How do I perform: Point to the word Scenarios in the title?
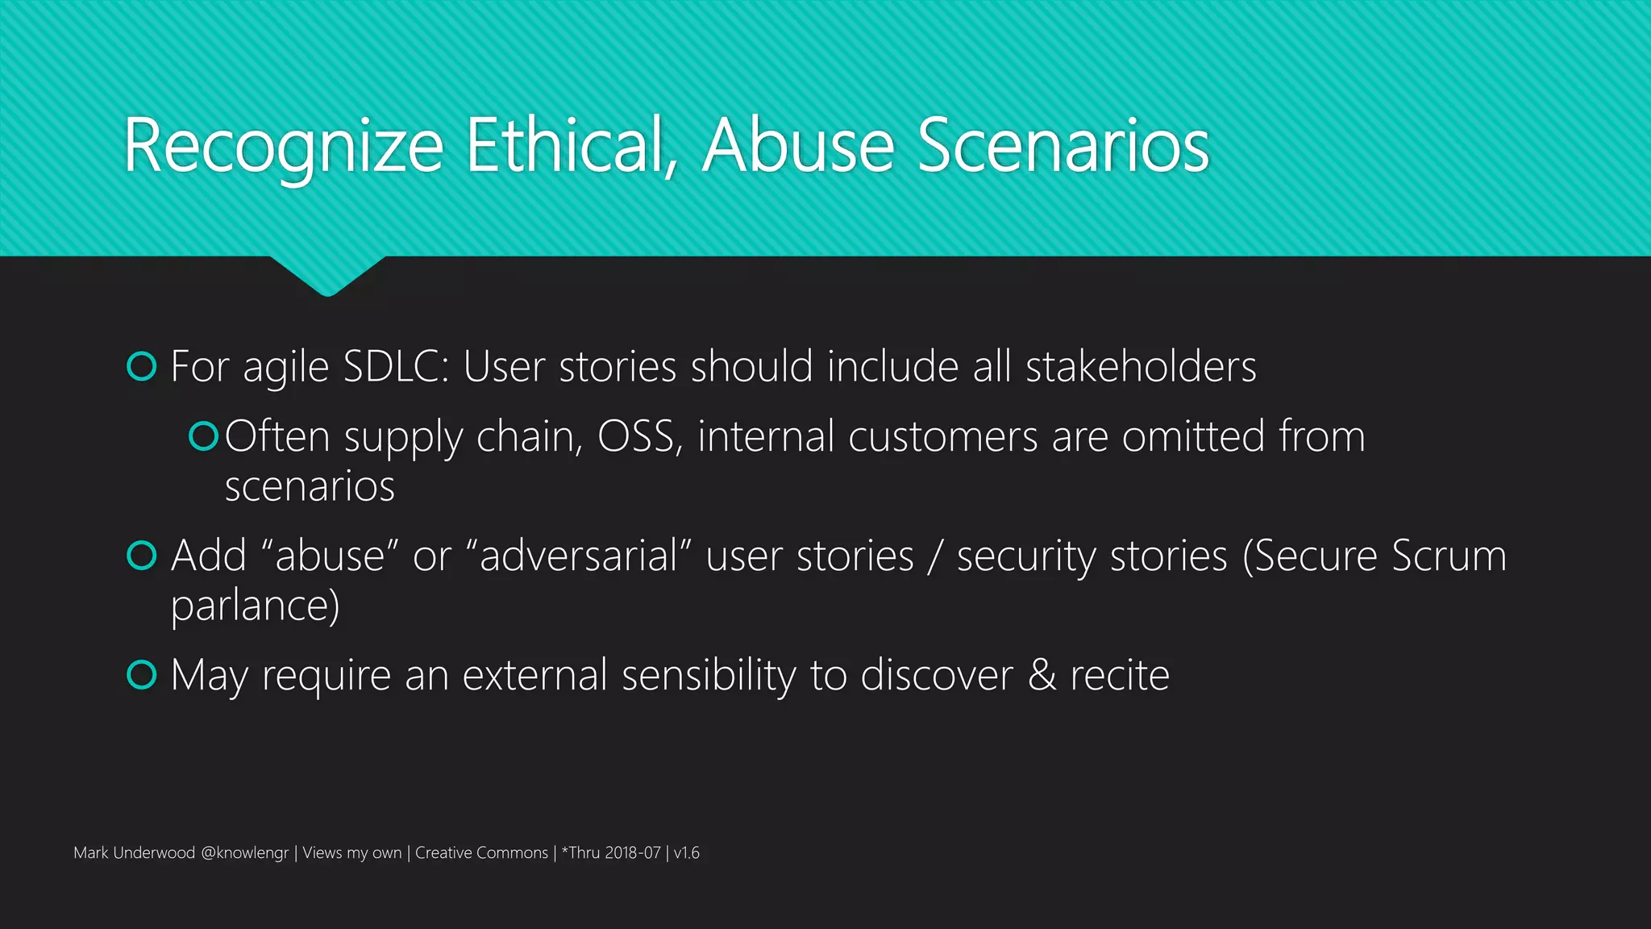1063,146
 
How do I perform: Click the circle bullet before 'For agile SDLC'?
142,367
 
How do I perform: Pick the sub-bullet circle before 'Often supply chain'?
203,436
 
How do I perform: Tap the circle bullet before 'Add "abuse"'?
142,556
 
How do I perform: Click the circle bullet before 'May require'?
142,675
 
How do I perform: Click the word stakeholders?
1140,367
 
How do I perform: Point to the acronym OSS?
638,436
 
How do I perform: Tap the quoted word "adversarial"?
579,556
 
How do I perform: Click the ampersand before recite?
1042,675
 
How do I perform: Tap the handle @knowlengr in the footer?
244,853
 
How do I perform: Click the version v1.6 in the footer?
687,853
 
